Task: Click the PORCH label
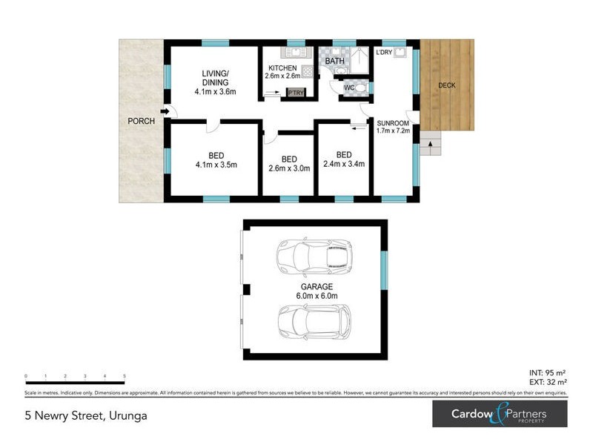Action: [x=141, y=122]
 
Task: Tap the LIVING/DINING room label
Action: [x=215, y=77]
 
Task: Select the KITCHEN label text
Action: [x=282, y=67]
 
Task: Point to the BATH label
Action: [x=334, y=61]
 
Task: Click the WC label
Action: [x=348, y=88]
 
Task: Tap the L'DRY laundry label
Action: [x=384, y=53]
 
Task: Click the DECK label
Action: [x=446, y=85]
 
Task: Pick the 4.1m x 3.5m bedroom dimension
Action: [x=216, y=165]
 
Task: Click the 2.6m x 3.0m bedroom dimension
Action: [x=289, y=168]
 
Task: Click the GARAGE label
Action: [x=317, y=286]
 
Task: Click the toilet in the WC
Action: [x=361, y=88]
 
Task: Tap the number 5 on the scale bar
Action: [x=124, y=377]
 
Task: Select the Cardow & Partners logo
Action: [x=500, y=414]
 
